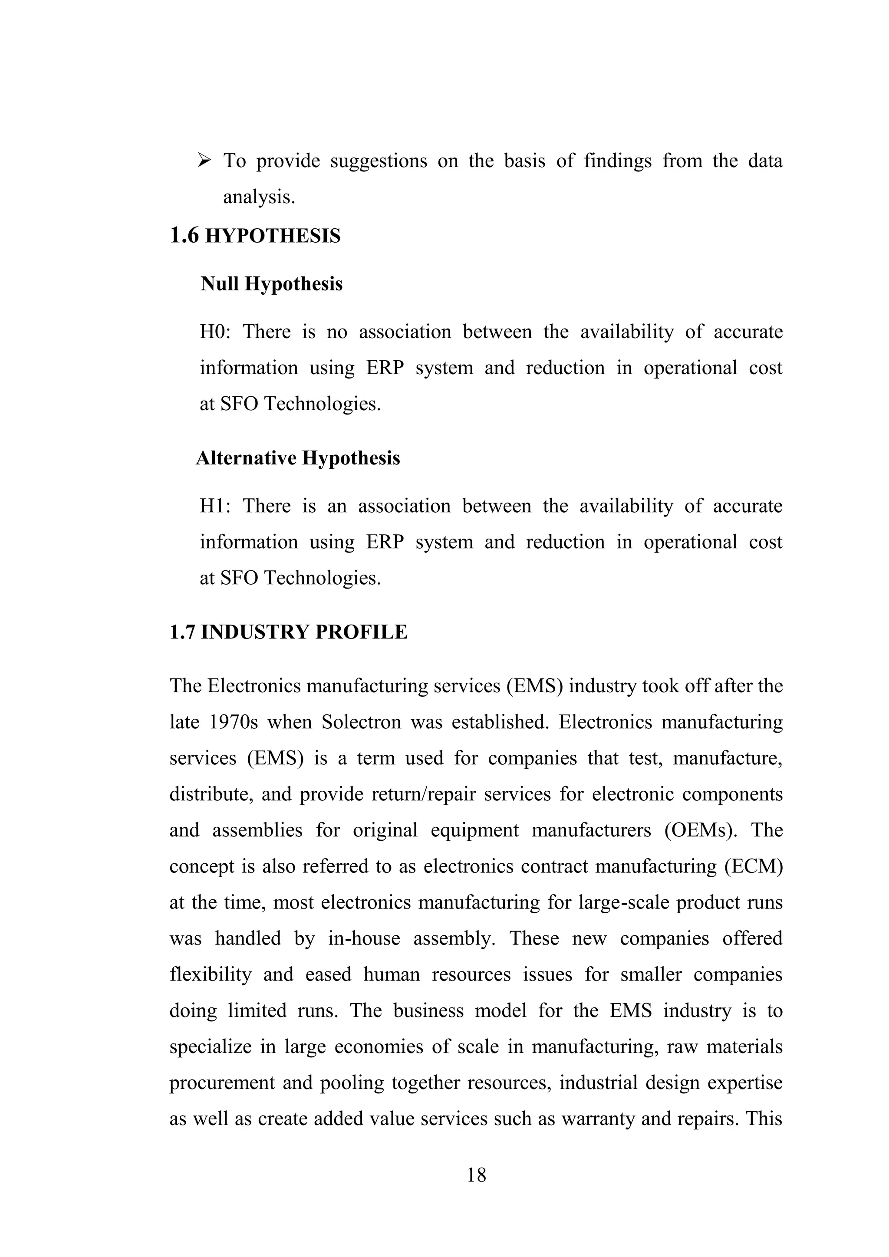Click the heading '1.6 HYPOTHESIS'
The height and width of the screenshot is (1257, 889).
(x=255, y=236)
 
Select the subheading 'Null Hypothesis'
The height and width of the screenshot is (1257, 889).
(x=271, y=283)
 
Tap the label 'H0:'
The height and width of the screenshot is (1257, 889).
(x=215, y=332)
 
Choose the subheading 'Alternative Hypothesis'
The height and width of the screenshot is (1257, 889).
(x=298, y=457)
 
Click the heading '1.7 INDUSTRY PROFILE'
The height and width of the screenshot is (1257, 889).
(x=289, y=632)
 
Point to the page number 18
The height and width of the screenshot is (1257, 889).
(x=476, y=1175)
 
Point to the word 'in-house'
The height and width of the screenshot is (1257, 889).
(x=364, y=938)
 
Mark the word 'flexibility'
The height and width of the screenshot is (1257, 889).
(x=210, y=974)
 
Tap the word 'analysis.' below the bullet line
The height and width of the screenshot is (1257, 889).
(x=259, y=197)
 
